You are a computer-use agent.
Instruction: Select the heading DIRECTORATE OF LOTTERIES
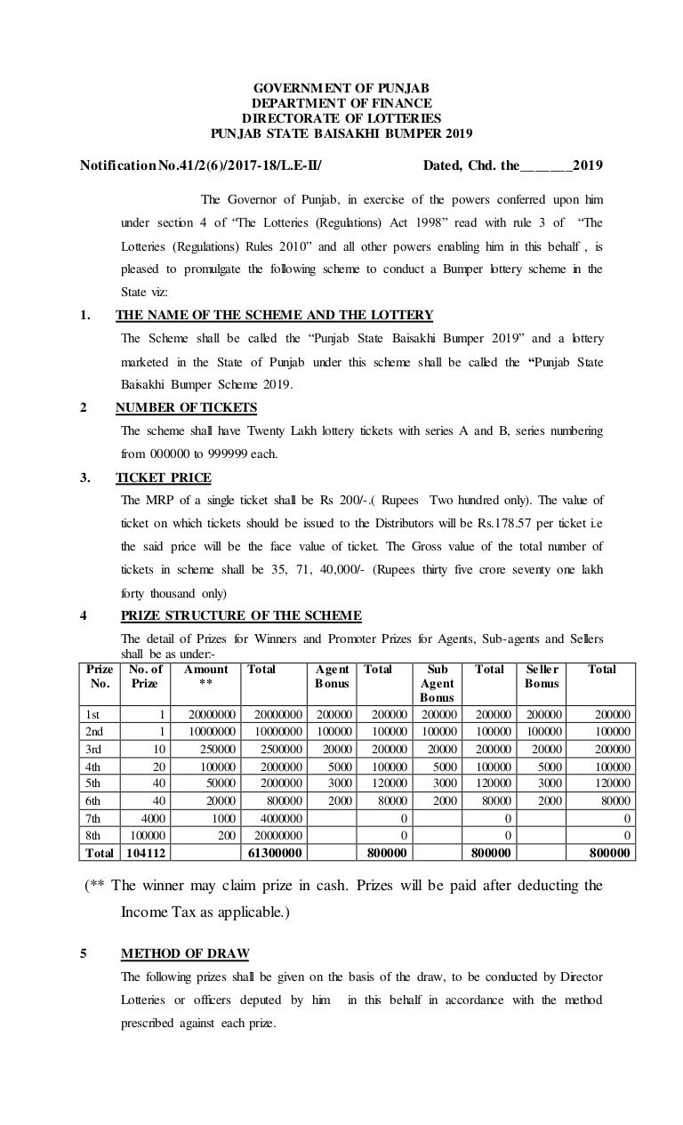[x=341, y=119]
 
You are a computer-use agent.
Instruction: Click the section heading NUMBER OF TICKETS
[x=187, y=407]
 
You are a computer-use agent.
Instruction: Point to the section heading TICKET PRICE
[x=164, y=476]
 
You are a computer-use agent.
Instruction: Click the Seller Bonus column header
[x=542, y=676]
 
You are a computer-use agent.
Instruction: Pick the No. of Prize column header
[x=145, y=676]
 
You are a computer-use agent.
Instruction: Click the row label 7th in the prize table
[x=92, y=817]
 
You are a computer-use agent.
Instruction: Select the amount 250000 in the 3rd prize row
[x=210, y=748]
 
